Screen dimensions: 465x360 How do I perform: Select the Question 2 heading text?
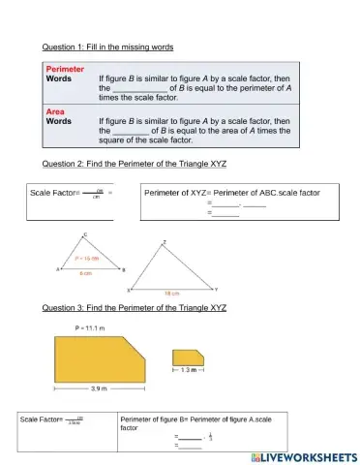(135, 163)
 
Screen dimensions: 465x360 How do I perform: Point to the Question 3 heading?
(135, 307)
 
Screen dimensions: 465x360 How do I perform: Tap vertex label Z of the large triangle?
(165, 242)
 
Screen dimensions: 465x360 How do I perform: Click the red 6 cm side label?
(85, 275)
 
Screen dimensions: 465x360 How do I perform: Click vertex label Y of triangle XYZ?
(216, 290)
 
